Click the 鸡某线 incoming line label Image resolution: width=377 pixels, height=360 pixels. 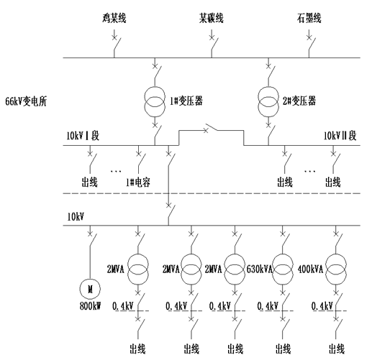click(114, 18)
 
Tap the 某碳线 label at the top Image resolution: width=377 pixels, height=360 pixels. click(212, 18)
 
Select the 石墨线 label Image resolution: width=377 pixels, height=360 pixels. click(309, 18)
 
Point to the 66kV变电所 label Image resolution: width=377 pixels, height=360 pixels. click(26, 101)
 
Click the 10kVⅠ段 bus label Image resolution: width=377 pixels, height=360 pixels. click(83, 136)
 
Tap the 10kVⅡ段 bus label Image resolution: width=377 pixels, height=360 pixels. click(340, 136)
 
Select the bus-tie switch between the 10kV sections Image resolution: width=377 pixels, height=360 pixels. click(211, 128)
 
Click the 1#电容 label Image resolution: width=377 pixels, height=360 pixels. click(138, 183)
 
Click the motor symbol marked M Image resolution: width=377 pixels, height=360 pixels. click(90, 289)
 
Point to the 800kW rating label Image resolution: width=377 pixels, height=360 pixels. click(90, 306)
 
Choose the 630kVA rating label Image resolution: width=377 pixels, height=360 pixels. click(260, 269)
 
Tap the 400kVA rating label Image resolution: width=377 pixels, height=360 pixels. click(310, 269)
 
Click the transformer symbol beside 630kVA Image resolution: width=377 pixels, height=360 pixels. click(283, 269)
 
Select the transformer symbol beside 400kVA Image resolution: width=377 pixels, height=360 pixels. click(336, 269)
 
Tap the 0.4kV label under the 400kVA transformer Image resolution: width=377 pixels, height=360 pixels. click(322, 306)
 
